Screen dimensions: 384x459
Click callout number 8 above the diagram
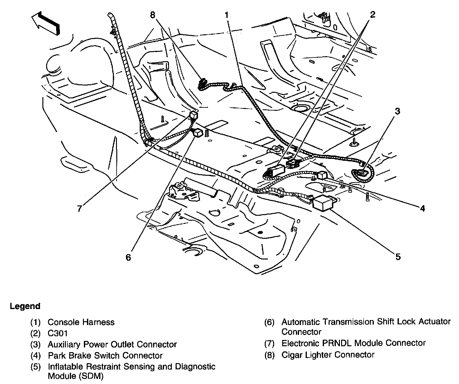coord(153,15)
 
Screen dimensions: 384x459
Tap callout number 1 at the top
coord(227,15)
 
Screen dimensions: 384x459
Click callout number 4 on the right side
coord(422,208)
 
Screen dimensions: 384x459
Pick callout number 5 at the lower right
coord(398,257)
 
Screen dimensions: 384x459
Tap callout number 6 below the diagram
coord(128,257)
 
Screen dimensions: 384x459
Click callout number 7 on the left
coord(80,208)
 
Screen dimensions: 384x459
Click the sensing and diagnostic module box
coord(324,203)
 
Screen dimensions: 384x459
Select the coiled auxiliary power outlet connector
coord(363,174)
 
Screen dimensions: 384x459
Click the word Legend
coord(25,306)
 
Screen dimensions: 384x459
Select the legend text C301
coord(58,333)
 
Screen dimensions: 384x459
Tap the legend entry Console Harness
coord(81,322)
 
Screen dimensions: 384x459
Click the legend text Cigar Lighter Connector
coord(328,355)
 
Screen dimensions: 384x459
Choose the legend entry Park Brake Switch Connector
coord(105,355)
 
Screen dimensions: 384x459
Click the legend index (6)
coord(269,322)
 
